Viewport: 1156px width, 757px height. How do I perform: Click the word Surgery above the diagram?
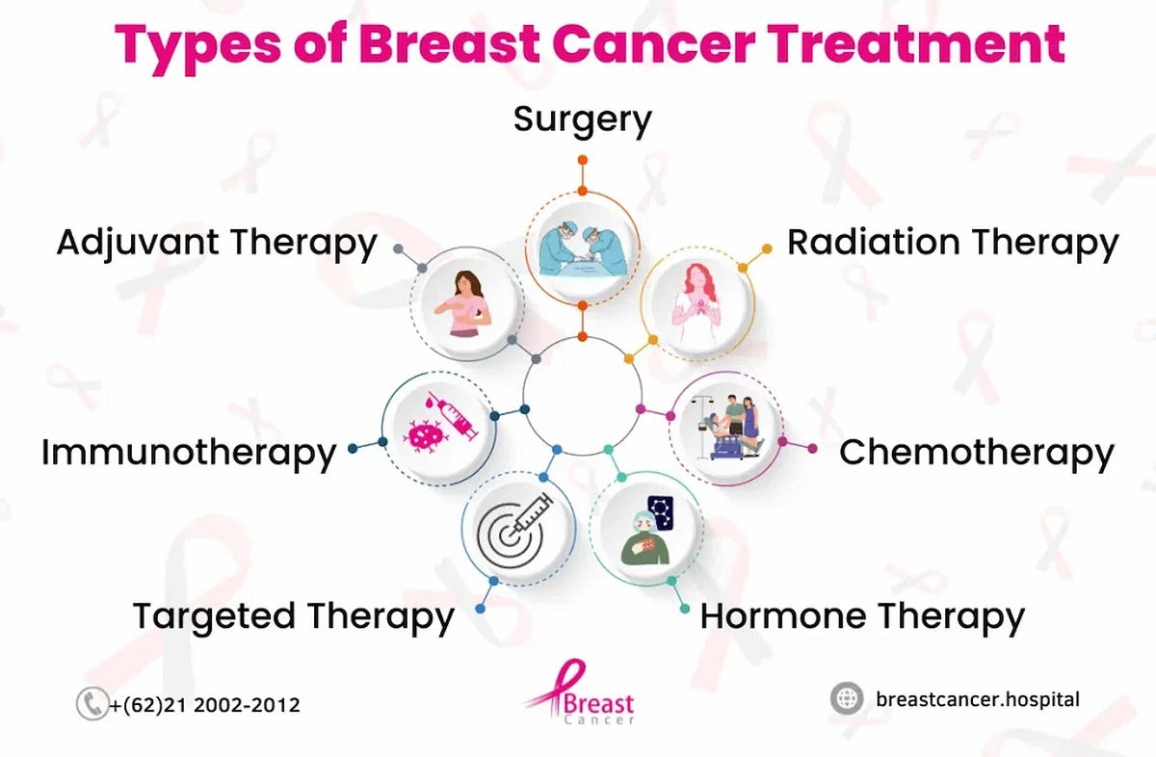click(582, 119)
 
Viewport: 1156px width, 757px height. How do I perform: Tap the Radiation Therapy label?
click(952, 242)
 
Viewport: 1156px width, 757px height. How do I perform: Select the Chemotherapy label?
click(976, 451)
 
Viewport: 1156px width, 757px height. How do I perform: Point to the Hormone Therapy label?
click(861, 615)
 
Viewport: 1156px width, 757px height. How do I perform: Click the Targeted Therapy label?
click(293, 615)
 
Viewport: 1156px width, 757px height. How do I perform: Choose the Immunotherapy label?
click(189, 451)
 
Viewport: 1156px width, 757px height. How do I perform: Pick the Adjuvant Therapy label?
click(216, 242)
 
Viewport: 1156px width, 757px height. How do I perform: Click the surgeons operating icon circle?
click(582, 243)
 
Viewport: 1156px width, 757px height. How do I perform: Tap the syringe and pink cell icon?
click(440, 427)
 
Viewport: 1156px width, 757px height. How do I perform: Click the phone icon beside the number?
click(91, 704)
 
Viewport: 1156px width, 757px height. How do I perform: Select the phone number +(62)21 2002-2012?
click(204, 705)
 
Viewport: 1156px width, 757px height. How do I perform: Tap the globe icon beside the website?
click(847, 698)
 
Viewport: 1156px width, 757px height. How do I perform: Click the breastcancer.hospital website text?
click(978, 698)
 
